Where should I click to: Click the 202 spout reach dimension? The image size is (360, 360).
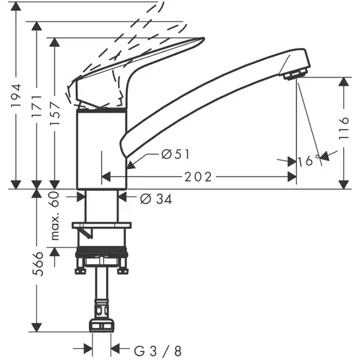click(199, 177)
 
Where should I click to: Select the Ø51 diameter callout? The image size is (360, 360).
click(175, 155)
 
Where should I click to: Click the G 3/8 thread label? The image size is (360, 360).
click(158, 349)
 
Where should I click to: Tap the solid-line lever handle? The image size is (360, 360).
click(138, 66)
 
